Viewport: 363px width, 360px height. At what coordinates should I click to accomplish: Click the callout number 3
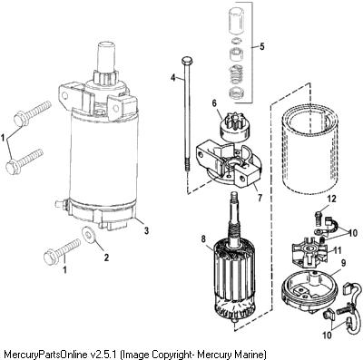[x=146, y=231]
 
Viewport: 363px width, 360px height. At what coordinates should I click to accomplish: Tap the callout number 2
[x=106, y=258]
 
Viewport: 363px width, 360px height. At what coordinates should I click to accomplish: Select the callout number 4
[x=172, y=78]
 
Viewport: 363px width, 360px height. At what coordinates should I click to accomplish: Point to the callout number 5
[x=262, y=46]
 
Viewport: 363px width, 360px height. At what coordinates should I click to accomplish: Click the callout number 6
[x=214, y=103]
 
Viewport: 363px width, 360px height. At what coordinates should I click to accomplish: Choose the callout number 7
[x=260, y=198]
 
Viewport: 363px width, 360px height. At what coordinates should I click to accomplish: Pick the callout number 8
[x=203, y=239]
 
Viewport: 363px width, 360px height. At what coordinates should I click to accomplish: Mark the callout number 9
[x=343, y=263]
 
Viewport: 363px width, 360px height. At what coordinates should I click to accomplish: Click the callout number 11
[x=338, y=250]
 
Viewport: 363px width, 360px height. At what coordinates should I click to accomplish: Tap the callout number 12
[x=331, y=199]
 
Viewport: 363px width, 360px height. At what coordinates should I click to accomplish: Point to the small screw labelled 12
[x=318, y=218]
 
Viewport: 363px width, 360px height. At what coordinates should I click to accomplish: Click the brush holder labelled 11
[x=308, y=253]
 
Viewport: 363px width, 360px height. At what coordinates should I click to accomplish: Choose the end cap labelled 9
[x=309, y=288]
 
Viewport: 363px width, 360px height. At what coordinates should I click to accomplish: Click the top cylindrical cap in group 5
[x=237, y=20]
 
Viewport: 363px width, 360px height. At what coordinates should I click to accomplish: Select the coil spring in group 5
[x=237, y=74]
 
